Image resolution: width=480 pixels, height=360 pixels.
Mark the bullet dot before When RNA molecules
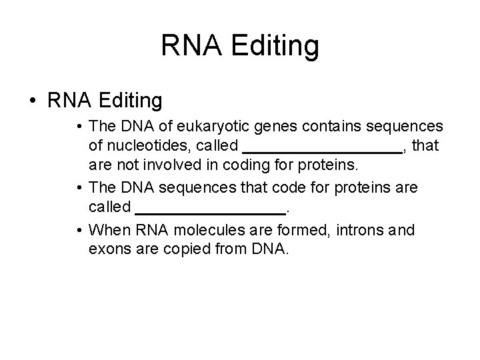tap(79, 230)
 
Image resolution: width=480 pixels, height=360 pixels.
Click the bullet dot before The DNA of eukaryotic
tap(79, 127)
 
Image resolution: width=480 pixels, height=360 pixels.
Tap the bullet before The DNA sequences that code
tap(79, 188)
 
